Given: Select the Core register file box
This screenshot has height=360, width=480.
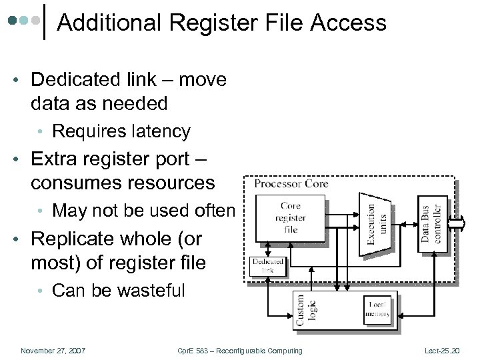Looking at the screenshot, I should (291, 218).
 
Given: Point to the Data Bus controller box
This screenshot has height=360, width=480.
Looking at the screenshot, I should (432, 223).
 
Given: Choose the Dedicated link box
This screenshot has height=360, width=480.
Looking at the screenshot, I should (267, 266).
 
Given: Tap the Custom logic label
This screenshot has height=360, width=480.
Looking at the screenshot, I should (306, 311).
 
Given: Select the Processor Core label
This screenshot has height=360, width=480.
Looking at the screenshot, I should (291, 183).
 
